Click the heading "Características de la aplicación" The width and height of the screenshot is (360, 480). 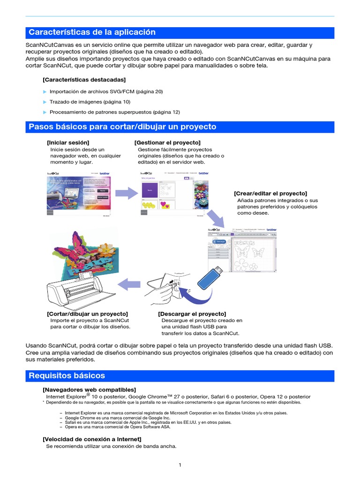pos(92,32)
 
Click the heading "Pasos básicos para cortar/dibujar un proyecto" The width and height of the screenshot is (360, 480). pos(122,127)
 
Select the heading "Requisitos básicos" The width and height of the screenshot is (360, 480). pos(67,375)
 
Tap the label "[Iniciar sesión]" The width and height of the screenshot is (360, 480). pos(68,142)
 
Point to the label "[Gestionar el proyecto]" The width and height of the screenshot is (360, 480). pos(167,142)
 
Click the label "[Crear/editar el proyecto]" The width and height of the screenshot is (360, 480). pos(270,193)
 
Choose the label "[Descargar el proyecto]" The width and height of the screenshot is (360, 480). pos(192,313)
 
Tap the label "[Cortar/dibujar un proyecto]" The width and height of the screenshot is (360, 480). pos(87,313)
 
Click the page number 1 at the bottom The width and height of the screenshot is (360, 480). pos(180,465)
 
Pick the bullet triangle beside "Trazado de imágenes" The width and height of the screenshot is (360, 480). pos(45,102)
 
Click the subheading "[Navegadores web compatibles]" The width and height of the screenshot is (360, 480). pos(89,390)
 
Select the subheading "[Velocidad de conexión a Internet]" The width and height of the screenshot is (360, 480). pos(91,439)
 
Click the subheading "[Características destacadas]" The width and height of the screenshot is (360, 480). pos(84,80)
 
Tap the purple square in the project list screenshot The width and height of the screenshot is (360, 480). pos(150,190)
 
